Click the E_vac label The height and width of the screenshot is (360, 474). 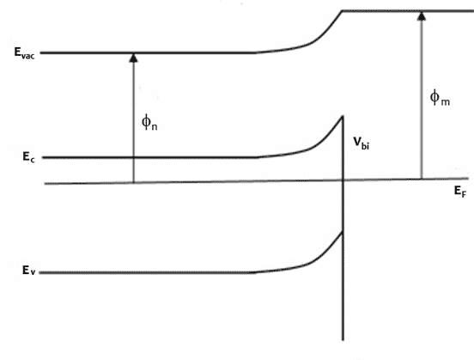pos(25,53)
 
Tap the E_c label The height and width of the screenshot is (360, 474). pos(28,157)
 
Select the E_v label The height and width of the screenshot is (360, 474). pos(28,270)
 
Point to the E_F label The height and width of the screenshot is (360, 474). pos(460,192)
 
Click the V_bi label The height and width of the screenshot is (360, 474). pos(362,143)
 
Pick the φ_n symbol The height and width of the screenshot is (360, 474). pos(149,122)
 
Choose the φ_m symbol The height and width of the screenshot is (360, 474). pos(440,98)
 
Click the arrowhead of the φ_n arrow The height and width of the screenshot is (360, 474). pos(133,58)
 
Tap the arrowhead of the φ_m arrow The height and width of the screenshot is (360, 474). pos(422,16)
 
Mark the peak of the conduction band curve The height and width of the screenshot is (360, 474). pos(343,116)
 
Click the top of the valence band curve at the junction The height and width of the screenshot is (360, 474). pos(343,232)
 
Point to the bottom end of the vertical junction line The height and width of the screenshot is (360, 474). pos(343,340)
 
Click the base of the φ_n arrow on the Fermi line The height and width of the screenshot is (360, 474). pos(133,182)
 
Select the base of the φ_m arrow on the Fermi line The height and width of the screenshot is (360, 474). pos(422,179)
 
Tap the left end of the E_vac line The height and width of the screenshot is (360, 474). pos(41,53)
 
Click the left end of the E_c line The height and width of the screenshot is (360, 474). pos(43,157)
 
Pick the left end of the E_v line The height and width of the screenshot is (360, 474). pos(39,272)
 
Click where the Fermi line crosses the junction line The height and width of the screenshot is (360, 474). pos(343,180)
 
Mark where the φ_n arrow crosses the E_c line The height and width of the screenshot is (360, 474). pos(133,157)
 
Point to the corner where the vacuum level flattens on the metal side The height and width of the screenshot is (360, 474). pos(342,11)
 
